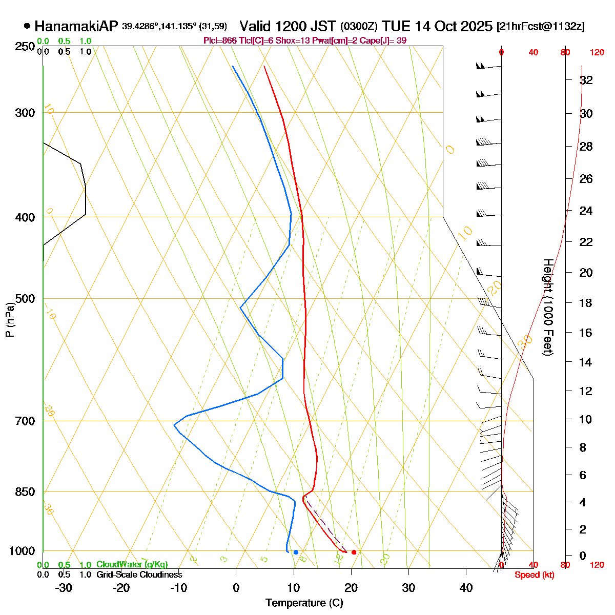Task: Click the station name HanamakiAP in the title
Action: (x=76, y=26)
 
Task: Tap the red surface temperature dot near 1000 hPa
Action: (x=354, y=552)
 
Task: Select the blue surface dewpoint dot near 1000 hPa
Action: (x=296, y=552)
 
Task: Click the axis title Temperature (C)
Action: (x=304, y=603)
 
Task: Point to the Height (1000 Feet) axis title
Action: (x=547, y=307)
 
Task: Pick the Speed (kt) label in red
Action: (x=534, y=575)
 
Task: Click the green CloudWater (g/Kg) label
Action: (x=132, y=565)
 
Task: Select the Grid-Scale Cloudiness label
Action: (x=139, y=575)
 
